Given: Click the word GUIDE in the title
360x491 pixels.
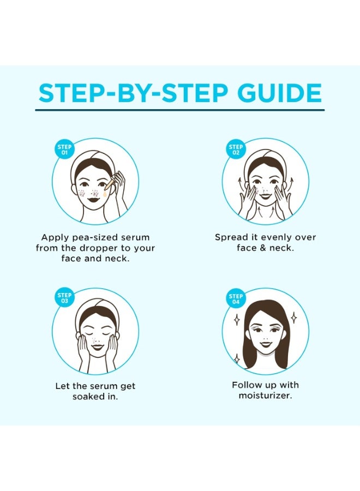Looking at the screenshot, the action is pyautogui.click(x=280, y=93).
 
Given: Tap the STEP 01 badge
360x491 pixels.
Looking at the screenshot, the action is pyautogui.click(x=64, y=149).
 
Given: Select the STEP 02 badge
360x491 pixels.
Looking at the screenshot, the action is pyautogui.click(x=236, y=149).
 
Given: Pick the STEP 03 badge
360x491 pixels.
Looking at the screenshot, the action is pyautogui.click(x=64, y=298).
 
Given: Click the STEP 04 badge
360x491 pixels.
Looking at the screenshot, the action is pyautogui.click(x=236, y=299).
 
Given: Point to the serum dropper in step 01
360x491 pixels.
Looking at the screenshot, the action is pyautogui.click(x=110, y=183).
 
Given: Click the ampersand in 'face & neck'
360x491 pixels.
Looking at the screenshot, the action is pyautogui.click(x=263, y=248).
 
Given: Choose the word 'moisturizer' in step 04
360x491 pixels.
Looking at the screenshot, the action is pyautogui.click(x=265, y=396).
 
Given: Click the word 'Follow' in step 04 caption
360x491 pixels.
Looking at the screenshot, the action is pyautogui.click(x=244, y=385).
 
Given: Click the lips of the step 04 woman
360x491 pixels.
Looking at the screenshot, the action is pyautogui.click(x=266, y=344).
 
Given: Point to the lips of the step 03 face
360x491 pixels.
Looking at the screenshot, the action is pyautogui.click(x=97, y=347).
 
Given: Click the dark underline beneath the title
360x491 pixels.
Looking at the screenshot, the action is pyautogui.click(x=179, y=110).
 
